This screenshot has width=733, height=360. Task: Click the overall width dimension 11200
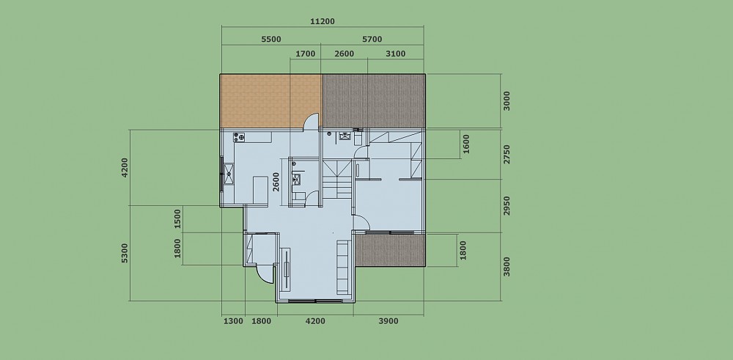pyautogui.click(x=322, y=21)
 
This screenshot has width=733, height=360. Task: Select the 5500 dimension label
pyautogui.click(x=271, y=40)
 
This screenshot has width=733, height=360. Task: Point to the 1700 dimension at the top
pyautogui.click(x=305, y=54)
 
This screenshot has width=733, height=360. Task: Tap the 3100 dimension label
pyautogui.click(x=396, y=54)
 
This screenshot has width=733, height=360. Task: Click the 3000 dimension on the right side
pyautogui.click(x=507, y=101)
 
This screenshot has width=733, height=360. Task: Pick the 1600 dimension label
pyautogui.click(x=465, y=144)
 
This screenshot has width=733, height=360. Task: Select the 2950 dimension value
pyautogui.click(x=507, y=206)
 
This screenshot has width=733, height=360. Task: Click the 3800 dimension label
pyautogui.click(x=507, y=266)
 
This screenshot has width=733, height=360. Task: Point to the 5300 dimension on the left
pyautogui.click(x=125, y=253)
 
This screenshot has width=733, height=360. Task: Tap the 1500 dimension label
pyautogui.click(x=177, y=218)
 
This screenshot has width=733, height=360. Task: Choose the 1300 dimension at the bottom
pyautogui.click(x=233, y=321)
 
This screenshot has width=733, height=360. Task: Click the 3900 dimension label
pyautogui.click(x=388, y=321)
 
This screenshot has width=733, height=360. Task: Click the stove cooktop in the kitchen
pyautogui.click(x=239, y=137)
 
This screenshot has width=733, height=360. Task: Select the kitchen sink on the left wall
pyautogui.click(x=229, y=174)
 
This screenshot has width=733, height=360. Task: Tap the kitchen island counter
pyautogui.click(x=260, y=189)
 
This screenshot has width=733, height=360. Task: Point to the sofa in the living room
pyautogui.click(x=343, y=268)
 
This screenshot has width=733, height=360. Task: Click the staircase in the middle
pyautogui.click(x=337, y=179)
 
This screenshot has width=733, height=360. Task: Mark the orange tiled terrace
pyautogui.click(x=270, y=100)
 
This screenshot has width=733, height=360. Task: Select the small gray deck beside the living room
pyautogui.click(x=391, y=250)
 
